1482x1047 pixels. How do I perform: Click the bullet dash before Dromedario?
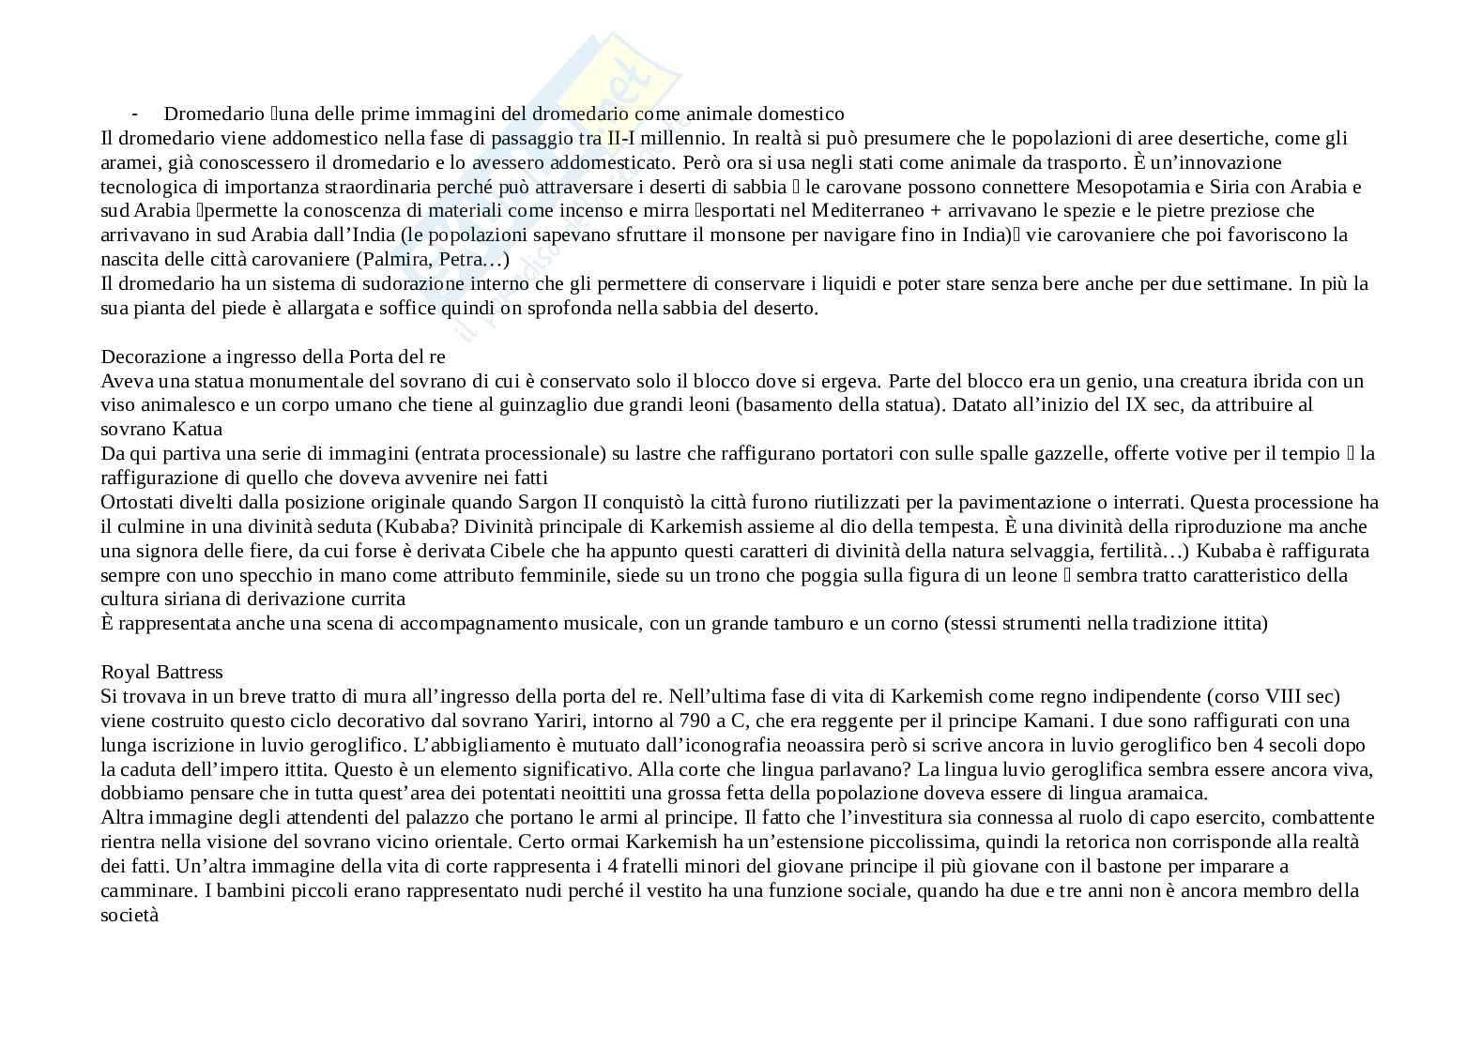tap(135, 114)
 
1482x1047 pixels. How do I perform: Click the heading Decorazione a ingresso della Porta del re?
tap(272, 357)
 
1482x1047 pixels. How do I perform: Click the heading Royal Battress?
tap(161, 673)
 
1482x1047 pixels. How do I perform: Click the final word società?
tap(130, 915)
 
